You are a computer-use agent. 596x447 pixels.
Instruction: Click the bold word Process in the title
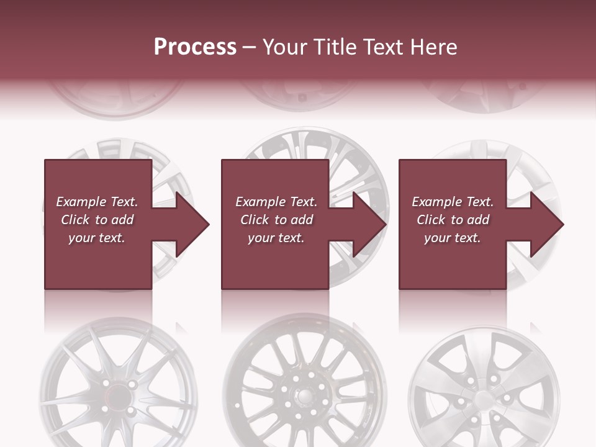(x=195, y=47)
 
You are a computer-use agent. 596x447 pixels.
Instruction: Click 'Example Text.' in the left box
(x=97, y=202)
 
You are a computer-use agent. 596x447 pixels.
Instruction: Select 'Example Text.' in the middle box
(x=276, y=202)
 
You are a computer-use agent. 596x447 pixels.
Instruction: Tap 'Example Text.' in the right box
(x=453, y=202)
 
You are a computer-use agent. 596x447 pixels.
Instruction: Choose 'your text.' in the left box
(x=97, y=238)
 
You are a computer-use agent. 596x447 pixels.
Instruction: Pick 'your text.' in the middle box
(x=276, y=238)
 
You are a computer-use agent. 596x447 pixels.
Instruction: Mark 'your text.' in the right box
(x=453, y=238)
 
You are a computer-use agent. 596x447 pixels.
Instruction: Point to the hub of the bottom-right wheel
(x=482, y=397)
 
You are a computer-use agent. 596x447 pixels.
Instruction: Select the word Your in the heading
(x=283, y=47)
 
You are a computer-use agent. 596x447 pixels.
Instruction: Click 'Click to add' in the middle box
(x=276, y=220)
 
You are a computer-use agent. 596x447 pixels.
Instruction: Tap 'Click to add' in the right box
(x=453, y=220)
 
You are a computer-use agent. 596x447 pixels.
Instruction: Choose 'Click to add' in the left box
(x=97, y=220)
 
